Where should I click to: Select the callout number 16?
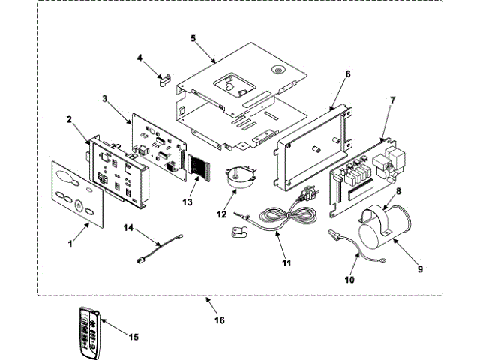[219, 320]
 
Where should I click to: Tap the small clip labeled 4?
[166, 78]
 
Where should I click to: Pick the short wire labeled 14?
[157, 251]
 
